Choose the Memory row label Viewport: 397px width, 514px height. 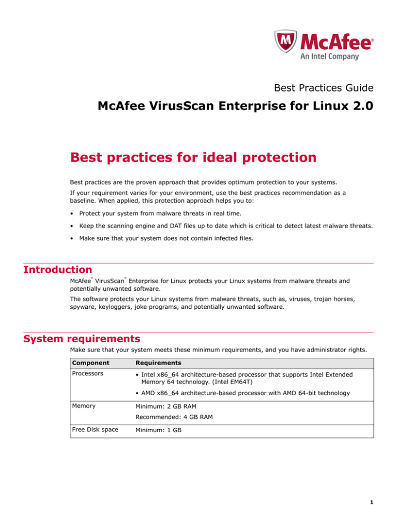coord(84,406)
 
